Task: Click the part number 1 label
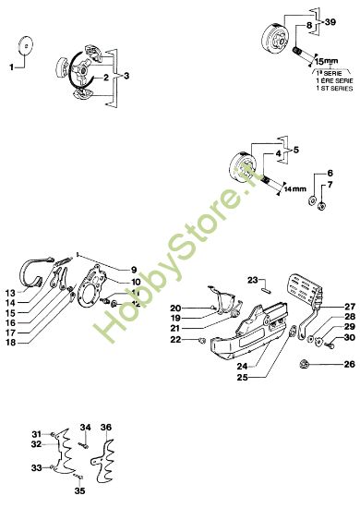pos(12,67)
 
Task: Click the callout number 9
pos(133,270)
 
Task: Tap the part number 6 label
pos(330,173)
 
